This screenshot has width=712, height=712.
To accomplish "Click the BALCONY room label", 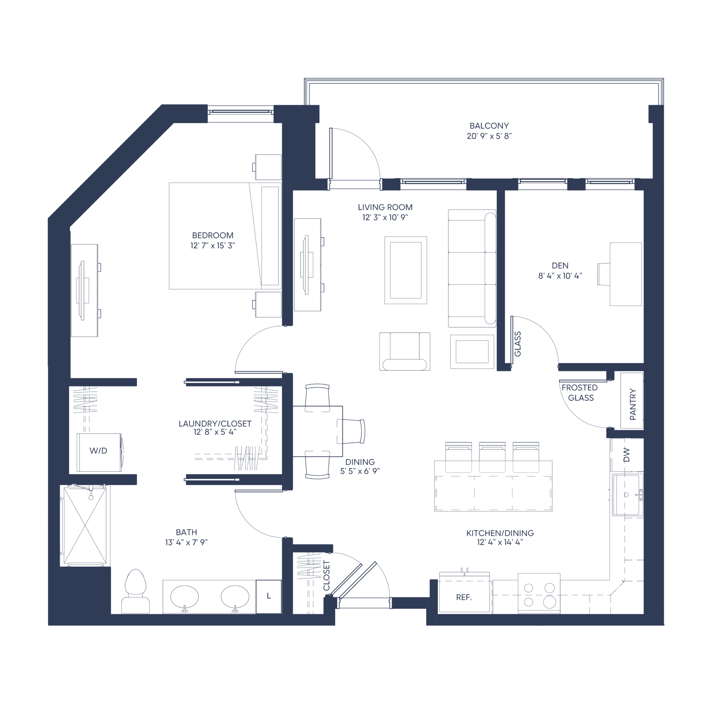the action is [489, 126].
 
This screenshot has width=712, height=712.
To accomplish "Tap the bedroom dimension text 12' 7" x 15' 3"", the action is [212, 245].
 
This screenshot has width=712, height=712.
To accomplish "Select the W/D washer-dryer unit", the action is [99, 452].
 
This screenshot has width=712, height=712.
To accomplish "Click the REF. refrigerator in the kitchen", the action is [464, 597].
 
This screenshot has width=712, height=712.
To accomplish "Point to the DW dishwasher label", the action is [626, 455].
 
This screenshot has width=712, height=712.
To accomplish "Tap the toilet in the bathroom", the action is [136, 591].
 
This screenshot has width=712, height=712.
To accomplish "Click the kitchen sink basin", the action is [628, 495].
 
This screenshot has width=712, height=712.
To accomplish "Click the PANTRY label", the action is [633, 404].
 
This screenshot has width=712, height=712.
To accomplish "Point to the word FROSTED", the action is [580, 388].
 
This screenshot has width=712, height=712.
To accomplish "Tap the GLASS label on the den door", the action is [518, 344].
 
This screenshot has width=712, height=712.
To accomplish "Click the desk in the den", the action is [626, 274].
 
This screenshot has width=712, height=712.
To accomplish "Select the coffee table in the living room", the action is [406, 270].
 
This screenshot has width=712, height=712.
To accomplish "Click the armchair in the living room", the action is [405, 351].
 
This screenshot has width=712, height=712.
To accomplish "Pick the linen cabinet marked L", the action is [268, 596].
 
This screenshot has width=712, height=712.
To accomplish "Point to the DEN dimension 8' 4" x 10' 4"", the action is [560, 276].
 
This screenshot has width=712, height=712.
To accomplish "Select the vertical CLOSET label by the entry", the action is [326, 576].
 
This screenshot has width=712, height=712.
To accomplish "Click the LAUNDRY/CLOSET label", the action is [215, 423].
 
